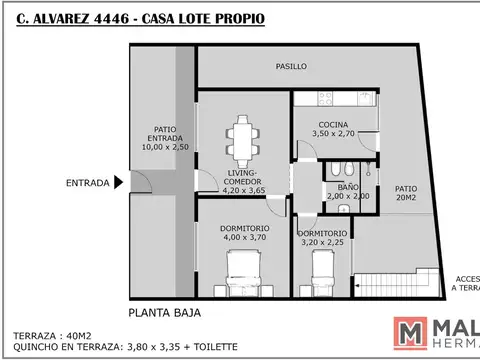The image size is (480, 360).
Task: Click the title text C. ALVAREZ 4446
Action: pyautogui.click(x=69, y=17)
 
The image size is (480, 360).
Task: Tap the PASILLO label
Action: pyautogui.click(x=291, y=66)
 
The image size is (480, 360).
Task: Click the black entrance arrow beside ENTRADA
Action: pyautogui.click(x=119, y=182)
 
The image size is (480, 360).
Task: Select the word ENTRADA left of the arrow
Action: pyautogui.click(x=88, y=183)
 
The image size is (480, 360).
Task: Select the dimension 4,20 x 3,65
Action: pyautogui.click(x=243, y=189)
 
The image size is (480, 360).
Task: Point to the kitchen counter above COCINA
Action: pyautogui.click(x=337, y=99)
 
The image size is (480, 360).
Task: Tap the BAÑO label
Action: pyautogui.click(x=346, y=186)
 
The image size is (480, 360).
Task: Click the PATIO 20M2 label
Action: pyautogui.click(x=405, y=192)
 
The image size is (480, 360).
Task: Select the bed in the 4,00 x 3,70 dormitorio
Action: pyautogui.click(x=243, y=272)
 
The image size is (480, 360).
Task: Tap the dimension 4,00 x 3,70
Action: pyautogui.click(x=243, y=238)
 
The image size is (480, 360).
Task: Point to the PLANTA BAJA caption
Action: pyautogui.click(x=166, y=313)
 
